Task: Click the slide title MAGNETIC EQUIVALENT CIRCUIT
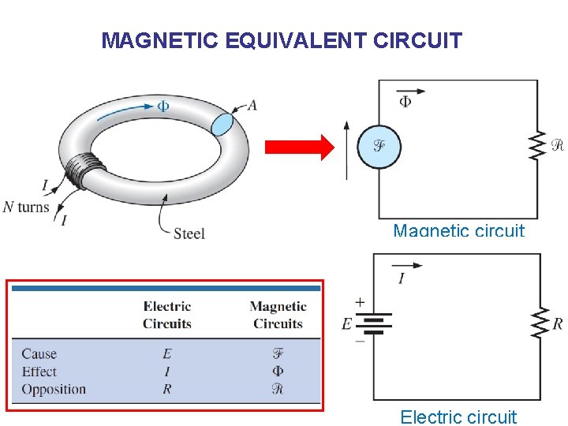282,40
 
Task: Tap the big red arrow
299,148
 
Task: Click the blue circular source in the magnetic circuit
379,146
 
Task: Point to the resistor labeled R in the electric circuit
540,322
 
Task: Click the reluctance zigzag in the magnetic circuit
537,144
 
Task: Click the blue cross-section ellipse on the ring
223,124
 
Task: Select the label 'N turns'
26,207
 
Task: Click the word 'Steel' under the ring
189,233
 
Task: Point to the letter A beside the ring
252,105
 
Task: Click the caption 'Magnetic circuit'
458,230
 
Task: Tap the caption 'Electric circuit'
458,417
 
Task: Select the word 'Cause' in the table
39,353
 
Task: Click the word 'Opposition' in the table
54,389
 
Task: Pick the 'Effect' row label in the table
39,371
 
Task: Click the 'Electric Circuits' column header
167,315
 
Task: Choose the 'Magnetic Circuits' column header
278,315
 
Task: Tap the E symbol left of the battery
346,323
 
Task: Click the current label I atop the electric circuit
402,278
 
